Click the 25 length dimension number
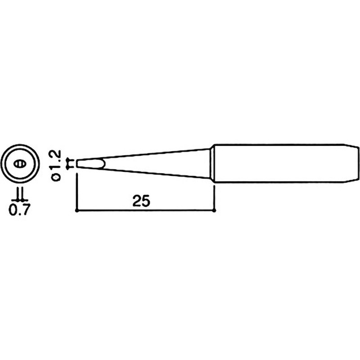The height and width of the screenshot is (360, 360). (141, 201)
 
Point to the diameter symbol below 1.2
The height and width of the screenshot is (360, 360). (56, 177)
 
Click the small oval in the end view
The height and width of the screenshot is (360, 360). (20, 164)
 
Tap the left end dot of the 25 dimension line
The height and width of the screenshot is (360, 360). (76, 210)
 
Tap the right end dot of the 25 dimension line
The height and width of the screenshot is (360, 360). (214, 210)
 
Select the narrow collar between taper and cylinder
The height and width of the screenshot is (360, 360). (212, 164)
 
